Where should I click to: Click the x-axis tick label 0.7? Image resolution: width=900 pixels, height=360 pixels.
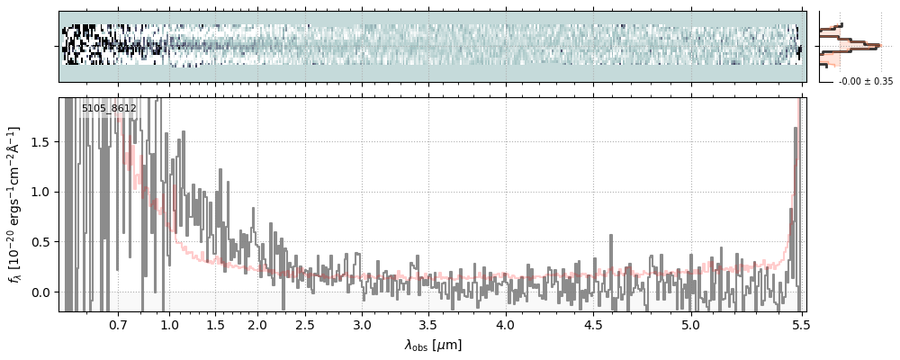(x=118, y=324)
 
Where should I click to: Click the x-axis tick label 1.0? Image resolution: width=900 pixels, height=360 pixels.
(x=169, y=324)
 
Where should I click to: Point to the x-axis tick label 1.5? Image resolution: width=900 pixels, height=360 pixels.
(x=215, y=324)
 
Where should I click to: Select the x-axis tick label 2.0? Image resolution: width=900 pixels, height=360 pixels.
(x=257, y=324)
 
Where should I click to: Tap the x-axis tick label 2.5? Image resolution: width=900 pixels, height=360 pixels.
(x=305, y=324)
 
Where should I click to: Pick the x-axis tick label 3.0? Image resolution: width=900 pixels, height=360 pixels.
(x=362, y=324)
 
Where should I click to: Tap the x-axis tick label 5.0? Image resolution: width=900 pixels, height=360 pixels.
(x=690, y=324)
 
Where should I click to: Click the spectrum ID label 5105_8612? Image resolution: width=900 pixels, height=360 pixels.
(x=109, y=109)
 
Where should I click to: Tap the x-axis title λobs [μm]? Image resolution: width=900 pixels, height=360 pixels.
(x=433, y=345)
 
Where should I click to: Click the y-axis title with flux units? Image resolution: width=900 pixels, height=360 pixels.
(x=15, y=205)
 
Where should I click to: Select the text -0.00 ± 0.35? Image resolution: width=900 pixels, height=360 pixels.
(x=865, y=82)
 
